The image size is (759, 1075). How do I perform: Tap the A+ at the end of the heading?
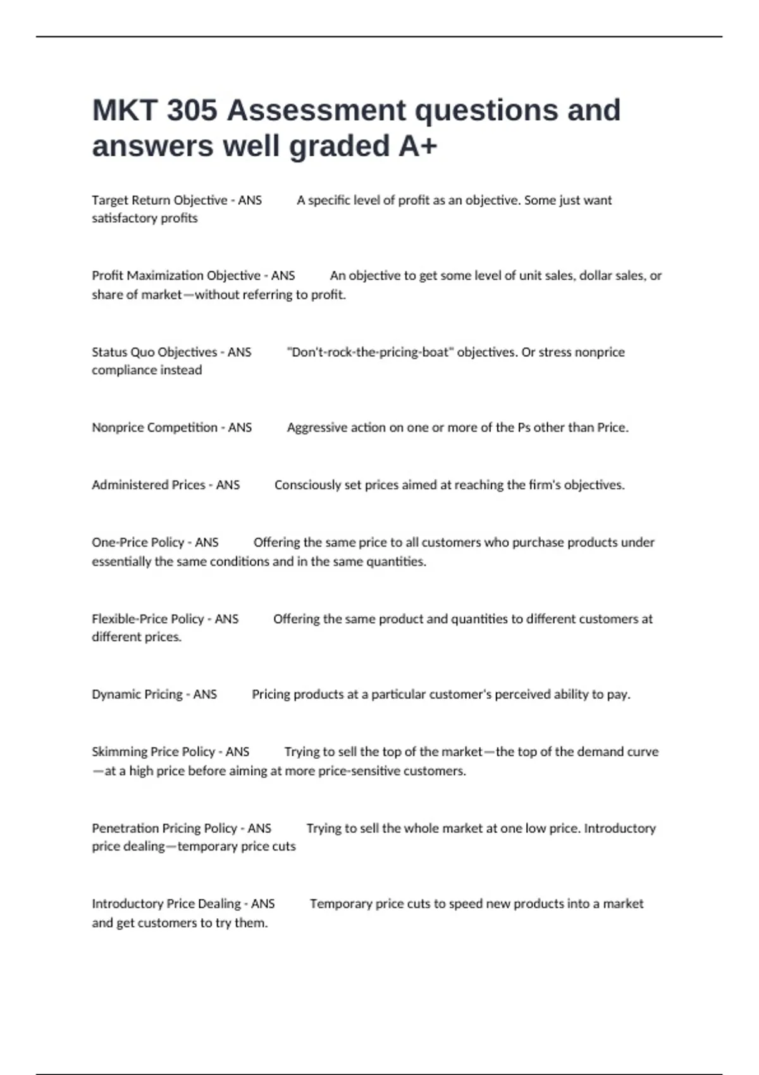pos(417,146)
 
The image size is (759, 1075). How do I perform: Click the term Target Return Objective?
pos(159,200)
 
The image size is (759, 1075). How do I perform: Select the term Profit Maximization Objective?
pos(176,276)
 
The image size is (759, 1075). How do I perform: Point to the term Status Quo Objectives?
pos(154,352)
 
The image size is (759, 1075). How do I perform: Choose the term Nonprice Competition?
pos(154,427)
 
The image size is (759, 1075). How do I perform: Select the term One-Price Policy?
pos(138,543)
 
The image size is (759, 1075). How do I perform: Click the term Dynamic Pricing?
pos(137,694)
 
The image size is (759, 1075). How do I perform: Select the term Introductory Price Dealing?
pos(166,904)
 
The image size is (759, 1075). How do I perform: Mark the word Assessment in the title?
pos(316,111)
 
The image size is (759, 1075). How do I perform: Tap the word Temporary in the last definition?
pos(340,904)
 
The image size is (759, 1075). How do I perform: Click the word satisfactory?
pos(125,218)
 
